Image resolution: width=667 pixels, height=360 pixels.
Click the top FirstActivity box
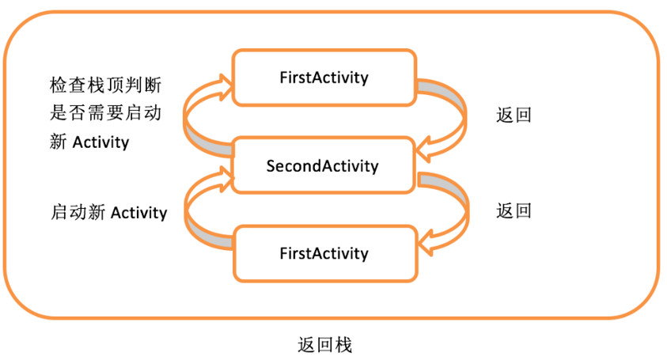click(x=324, y=78)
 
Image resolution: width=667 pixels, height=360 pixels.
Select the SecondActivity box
click(x=323, y=166)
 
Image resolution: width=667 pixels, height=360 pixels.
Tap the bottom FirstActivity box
click(x=324, y=253)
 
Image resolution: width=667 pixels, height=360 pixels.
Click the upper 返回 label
click(x=514, y=115)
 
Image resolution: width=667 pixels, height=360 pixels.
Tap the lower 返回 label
click(x=514, y=210)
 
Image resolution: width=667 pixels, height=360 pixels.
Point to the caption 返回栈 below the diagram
click(x=324, y=345)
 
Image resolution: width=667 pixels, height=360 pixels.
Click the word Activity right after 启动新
click(x=138, y=213)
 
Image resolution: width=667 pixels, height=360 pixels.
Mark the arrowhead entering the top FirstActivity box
click(x=223, y=81)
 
